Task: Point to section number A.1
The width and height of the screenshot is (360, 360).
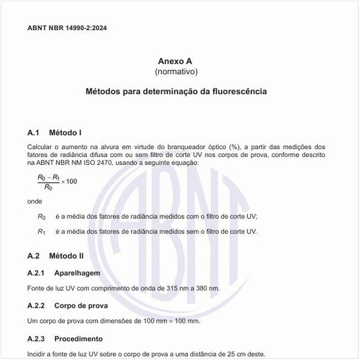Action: pos(34,133)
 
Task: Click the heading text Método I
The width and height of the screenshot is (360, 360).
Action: pos(65,133)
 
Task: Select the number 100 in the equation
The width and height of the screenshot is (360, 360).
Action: pos(71,181)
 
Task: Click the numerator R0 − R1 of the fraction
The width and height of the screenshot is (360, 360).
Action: pos(49,177)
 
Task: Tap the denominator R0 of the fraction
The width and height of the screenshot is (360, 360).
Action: pos(48,187)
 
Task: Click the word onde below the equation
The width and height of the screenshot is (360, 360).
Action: pos(35,201)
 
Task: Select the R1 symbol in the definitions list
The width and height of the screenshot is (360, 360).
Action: pos(42,232)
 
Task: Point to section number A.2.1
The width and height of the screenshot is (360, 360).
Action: pos(36,272)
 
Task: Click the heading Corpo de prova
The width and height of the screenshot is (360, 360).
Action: pos(81,306)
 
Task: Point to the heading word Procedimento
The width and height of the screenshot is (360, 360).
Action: pos(79,339)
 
